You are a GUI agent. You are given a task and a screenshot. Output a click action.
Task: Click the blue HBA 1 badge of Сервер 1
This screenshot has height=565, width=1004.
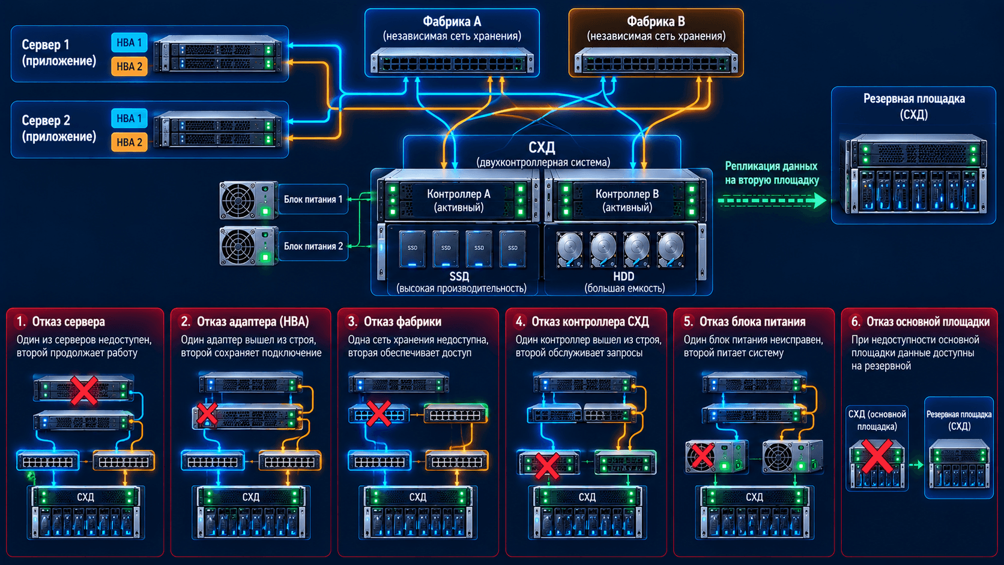[129, 43]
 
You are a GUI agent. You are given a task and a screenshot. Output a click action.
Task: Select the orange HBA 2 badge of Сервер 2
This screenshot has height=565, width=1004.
[129, 142]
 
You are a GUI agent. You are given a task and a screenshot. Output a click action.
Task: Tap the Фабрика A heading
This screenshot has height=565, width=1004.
[452, 21]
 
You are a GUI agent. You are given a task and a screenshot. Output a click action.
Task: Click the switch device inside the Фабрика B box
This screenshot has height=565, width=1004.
[656, 62]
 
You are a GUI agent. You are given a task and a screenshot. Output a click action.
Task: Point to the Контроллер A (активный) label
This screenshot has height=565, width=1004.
[459, 201]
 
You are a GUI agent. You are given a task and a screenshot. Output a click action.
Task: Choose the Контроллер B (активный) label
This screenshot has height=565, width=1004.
[627, 201]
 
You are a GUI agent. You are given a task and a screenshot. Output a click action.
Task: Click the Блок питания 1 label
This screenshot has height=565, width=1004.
[313, 199]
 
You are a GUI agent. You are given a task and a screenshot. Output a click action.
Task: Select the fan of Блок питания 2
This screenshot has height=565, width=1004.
[238, 246]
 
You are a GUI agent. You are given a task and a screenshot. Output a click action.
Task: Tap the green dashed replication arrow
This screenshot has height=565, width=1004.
[772, 200]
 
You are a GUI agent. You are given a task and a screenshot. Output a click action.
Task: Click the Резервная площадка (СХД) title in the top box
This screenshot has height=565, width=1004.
[914, 106]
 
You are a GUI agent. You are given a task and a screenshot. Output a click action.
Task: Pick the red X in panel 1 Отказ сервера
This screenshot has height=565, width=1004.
[84, 390]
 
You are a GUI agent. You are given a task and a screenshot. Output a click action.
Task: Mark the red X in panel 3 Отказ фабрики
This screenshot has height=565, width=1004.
[378, 412]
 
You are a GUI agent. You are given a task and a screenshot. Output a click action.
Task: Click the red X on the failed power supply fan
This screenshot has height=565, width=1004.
[701, 455]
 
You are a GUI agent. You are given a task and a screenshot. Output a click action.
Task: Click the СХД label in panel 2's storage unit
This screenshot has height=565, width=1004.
[250, 497]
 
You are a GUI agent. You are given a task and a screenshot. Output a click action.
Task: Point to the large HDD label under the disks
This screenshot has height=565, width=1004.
[623, 276]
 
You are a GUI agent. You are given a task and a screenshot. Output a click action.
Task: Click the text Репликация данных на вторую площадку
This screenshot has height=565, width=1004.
[772, 173]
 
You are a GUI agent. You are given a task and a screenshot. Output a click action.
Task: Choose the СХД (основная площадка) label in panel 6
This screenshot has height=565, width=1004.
[877, 420]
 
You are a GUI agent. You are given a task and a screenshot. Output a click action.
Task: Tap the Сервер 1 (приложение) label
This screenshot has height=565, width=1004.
[59, 52]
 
